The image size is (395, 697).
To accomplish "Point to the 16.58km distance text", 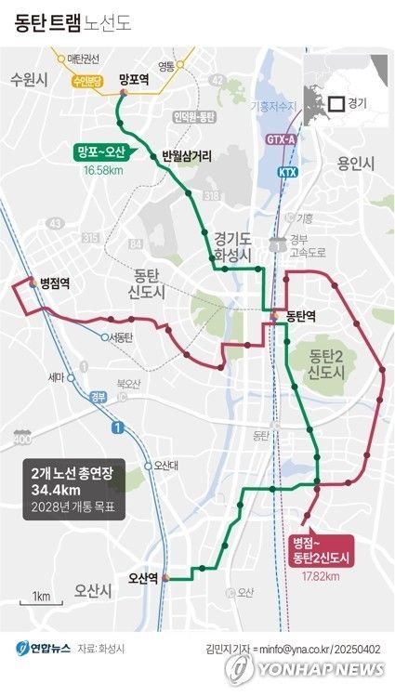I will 103,171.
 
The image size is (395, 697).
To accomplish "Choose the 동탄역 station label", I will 301,317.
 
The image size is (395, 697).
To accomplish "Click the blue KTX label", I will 288,173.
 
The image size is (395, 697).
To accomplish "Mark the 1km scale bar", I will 40,596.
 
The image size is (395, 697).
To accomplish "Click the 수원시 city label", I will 29,80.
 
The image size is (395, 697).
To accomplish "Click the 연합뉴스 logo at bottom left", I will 37,648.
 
